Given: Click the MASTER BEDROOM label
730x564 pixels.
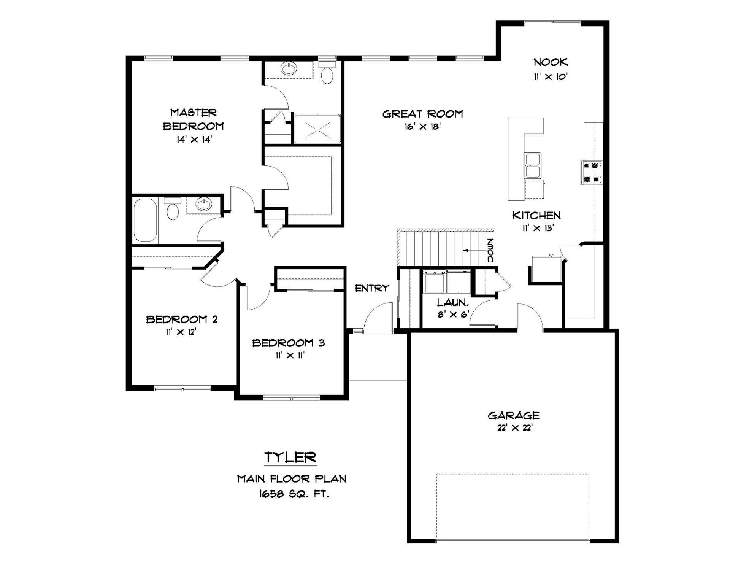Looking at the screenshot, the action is point(193,119).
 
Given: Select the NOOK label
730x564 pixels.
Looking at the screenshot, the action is point(551,62).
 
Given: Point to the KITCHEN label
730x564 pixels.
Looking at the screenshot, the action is point(536,215).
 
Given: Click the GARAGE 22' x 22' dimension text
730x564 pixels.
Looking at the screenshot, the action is point(513,428).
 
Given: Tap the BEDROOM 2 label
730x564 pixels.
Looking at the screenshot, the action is point(182,319).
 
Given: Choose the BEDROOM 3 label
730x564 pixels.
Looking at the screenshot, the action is point(289,343).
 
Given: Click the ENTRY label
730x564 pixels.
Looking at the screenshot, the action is point(372,288).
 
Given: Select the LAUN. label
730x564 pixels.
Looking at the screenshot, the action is point(452,303).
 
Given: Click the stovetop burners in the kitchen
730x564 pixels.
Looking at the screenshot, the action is point(592,172).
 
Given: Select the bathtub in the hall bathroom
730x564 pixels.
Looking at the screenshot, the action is point(145,220).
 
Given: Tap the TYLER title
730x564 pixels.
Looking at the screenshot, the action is point(290,457).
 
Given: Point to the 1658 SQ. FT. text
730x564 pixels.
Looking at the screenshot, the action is point(294,494).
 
